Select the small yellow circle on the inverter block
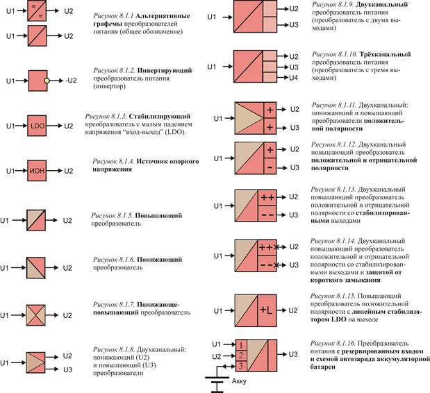tap(47, 81)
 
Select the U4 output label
tap(294, 77)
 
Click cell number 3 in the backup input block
tap(240, 365)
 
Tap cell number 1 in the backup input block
tap(240, 344)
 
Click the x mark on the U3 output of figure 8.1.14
tap(276, 265)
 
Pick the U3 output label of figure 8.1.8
tap(68, 369)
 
